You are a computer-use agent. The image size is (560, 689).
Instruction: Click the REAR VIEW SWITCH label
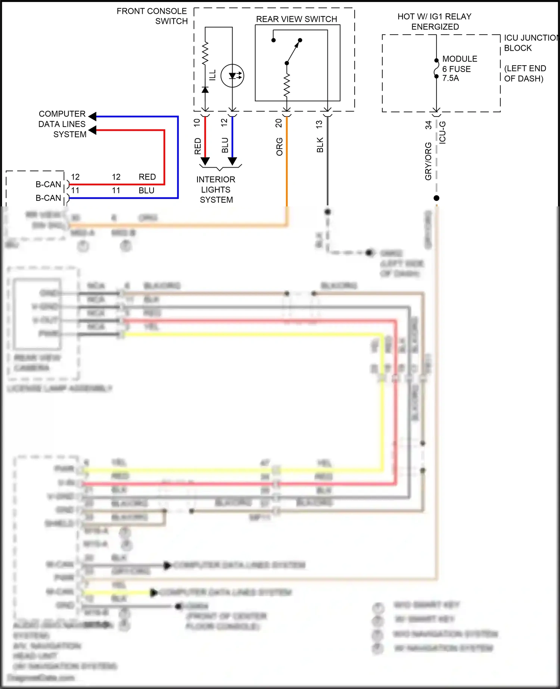click(296, 19)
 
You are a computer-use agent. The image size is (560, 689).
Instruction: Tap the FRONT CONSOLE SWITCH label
click(152, 16)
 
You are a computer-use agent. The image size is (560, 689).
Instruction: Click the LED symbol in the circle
click(232, 76)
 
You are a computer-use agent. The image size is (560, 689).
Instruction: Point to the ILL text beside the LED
click(212, 75)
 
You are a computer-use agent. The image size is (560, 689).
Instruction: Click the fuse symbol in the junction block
click(436, 69)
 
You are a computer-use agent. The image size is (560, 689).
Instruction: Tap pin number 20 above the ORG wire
click(279, 123)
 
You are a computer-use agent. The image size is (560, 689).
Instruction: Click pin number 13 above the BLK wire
click(319, 124)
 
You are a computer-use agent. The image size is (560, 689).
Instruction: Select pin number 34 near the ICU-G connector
click(428, 125)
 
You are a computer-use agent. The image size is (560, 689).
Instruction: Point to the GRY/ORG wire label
click(428, 161)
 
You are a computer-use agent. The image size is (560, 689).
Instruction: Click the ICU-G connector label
click(442, 132)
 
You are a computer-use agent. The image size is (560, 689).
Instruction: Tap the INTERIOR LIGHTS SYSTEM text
click(216, 190)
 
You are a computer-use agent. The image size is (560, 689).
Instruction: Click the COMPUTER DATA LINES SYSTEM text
click(62, 124)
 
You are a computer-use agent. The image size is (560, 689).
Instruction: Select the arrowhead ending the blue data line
click(93, 116)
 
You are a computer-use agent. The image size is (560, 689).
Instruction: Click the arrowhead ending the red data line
click(93, 130)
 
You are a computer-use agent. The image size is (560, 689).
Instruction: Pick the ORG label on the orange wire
click(279, 146)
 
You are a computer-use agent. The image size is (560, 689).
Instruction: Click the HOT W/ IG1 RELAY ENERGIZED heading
click(435, 21)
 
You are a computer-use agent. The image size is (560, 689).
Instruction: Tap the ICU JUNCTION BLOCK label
click(530, 43)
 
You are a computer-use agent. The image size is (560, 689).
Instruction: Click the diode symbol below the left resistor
click(205, 90)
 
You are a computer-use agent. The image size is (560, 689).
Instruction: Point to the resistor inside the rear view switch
click(287, 85)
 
